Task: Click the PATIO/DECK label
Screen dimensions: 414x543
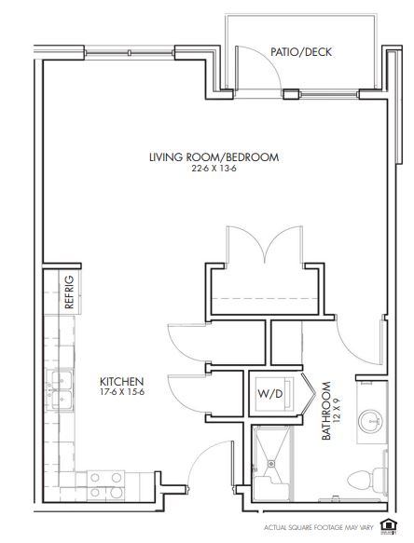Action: (x=301, y=52)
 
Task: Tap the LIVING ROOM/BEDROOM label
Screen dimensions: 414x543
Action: (x=214, y=157)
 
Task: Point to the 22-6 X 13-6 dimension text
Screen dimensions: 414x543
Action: (x=214, y=169)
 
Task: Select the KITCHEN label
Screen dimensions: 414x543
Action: (x=122, y=382)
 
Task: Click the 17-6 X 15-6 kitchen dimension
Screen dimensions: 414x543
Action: (x=122, y=392)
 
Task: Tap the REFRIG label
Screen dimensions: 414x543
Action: (x=69, y=292)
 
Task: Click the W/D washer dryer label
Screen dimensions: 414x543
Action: (x=270, y=393)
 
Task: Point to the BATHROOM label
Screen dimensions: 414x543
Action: (x=326, y=411)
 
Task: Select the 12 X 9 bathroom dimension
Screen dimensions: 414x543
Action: (x=336, y=411)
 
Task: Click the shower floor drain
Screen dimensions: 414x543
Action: (x=270, y=463)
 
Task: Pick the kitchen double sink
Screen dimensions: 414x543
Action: (x=60, y=389)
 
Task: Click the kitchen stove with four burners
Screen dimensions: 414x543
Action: (x=105, y=485)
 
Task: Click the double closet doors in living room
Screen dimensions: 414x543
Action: (x=265, y=244)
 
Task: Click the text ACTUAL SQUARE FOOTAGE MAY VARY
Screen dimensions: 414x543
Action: (x=319, y=528)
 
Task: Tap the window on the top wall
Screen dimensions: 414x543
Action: (x=129, y=53)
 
